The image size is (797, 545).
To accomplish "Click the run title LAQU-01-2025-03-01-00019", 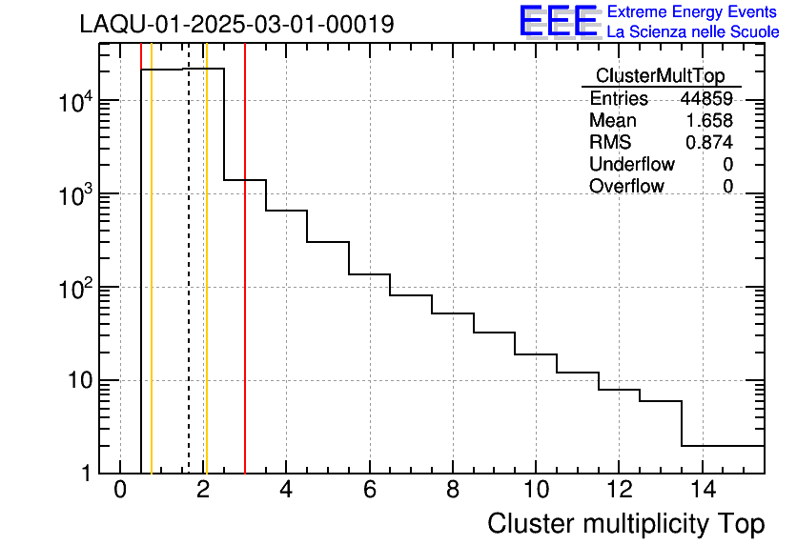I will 236,25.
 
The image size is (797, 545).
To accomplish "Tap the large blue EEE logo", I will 558,21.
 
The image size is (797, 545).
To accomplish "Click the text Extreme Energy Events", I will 693,12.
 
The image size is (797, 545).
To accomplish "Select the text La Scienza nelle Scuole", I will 693,32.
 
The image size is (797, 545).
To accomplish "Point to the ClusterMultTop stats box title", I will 660,76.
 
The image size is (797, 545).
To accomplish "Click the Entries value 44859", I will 706,99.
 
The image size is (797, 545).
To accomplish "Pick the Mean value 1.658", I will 709,121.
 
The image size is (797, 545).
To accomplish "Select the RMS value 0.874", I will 709,142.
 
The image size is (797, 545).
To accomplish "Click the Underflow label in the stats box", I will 632,164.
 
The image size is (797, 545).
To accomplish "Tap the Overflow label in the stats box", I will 626,186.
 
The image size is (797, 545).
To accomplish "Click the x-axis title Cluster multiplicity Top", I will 625,524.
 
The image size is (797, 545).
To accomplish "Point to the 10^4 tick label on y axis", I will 73,102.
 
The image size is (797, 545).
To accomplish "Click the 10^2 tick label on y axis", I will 73,288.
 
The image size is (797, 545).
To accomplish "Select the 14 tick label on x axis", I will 702,491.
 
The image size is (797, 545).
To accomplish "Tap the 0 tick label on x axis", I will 120,491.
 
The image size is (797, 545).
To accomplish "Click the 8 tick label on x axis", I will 452,491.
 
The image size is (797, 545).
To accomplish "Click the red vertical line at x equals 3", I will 245,286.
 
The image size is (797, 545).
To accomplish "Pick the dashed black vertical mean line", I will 189,286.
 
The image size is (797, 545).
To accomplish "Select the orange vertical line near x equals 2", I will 206,286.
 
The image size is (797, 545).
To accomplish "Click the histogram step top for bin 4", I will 286,210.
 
